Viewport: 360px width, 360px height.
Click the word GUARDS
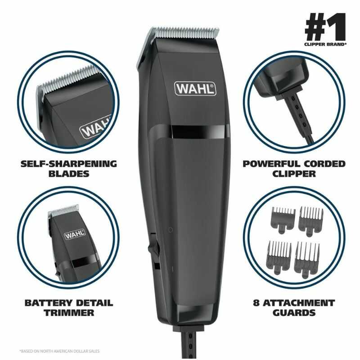point(295,312)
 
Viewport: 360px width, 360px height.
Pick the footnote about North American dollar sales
point(58,351)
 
